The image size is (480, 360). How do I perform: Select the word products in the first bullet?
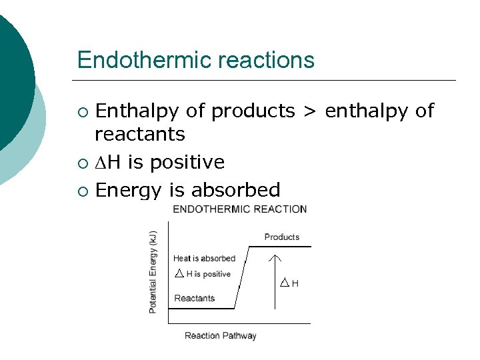[253, 111]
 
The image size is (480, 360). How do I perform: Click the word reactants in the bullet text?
[140, 134]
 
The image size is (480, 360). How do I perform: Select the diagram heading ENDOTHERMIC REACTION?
[240, 209]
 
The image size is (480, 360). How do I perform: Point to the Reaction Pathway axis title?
[221, 335]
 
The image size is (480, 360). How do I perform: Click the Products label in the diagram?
[282, 237]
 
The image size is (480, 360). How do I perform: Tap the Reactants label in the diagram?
[194, 298]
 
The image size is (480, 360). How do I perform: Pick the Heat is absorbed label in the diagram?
[204, 258]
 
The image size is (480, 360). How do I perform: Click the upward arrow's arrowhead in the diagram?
[275, 257]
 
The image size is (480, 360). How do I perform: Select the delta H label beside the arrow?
[289, 283]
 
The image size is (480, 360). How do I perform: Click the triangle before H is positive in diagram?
[178, 273]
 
